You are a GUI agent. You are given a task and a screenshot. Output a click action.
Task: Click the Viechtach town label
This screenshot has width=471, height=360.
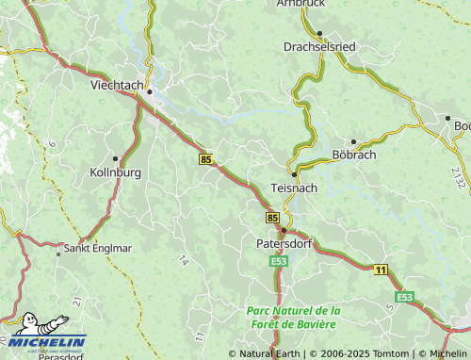point(117,85)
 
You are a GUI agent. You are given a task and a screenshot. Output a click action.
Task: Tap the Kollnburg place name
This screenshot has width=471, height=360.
point(115,172)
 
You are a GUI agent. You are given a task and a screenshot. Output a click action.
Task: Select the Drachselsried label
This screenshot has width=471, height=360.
point(320,46)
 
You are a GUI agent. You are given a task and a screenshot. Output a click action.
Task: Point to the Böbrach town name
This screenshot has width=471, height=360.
point(353,155)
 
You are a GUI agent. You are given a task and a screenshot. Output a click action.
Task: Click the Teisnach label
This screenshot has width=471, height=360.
point(295,188)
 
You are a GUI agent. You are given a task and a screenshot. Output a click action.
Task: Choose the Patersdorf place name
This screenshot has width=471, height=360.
point(283,243)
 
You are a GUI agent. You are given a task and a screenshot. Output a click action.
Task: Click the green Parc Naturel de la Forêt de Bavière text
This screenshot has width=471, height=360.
point(293,318)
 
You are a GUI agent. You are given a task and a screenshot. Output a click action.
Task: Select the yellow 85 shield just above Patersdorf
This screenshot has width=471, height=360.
point(272,218)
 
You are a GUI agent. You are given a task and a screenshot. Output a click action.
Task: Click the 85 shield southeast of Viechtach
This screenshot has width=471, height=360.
point(205,160)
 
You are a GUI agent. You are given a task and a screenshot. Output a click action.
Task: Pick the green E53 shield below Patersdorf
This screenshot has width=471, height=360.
point(278,261)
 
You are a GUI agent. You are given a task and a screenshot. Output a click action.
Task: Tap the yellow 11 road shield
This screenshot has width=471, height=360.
point(381,270)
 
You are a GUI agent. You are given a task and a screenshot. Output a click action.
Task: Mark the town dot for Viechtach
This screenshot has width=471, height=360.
point(149,91)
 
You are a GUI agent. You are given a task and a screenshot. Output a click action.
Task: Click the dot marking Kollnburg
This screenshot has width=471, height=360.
point(115,158)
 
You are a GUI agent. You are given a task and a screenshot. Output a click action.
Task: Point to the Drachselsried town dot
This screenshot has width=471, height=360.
point(320,33)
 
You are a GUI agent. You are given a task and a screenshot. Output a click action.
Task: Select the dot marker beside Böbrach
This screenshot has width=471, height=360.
point(353,141)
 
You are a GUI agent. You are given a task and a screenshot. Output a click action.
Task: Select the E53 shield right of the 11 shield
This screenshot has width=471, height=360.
point(404,297)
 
